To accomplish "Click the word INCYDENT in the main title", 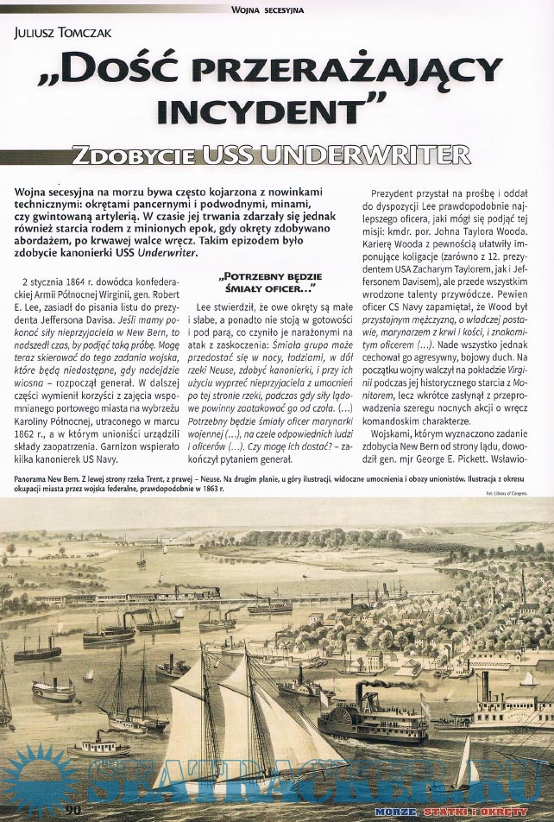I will (x=275, y=110).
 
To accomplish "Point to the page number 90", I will (x=73, y=809).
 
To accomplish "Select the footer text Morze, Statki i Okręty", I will (x=463, y=812).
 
